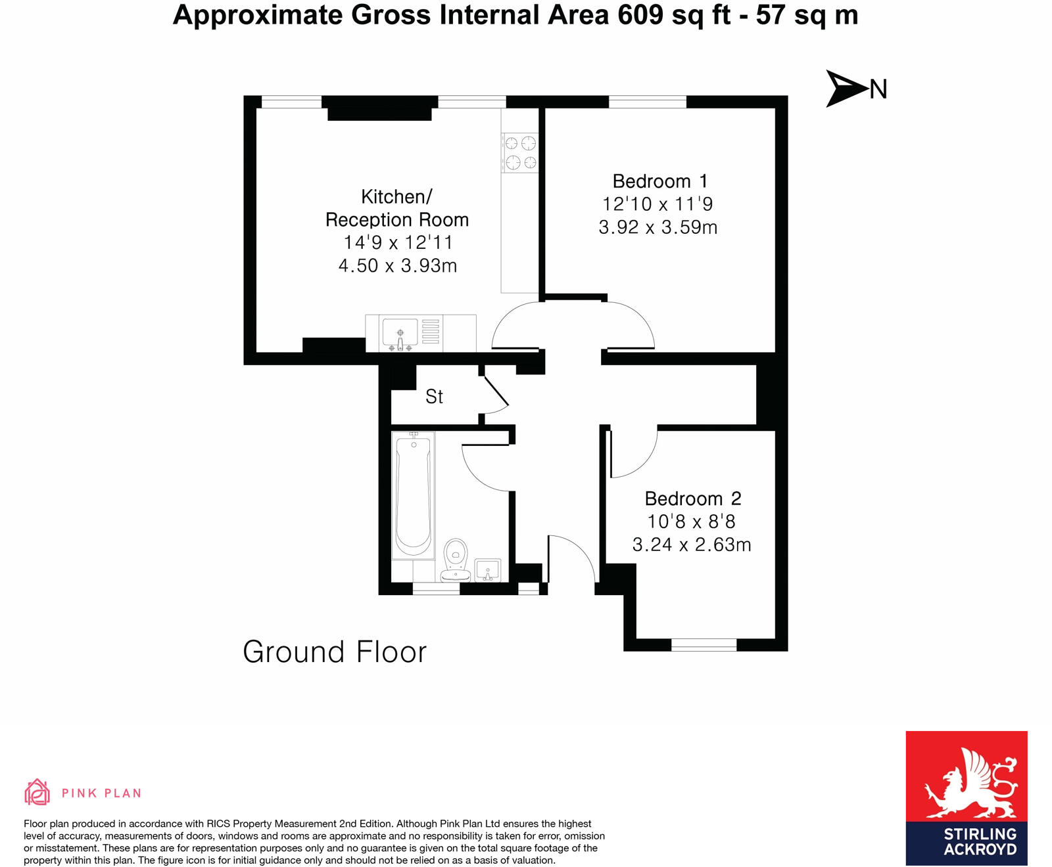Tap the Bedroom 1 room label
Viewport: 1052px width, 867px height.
(x=659, y=181)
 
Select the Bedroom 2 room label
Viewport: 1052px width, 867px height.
(x=692, y=499)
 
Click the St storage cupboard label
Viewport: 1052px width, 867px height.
(x=434, y=397)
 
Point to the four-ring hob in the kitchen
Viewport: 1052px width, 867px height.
(x=520, y=152)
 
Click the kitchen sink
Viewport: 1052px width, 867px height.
(x=400, y=333)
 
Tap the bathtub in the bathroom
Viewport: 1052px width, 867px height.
(x=413, y=494)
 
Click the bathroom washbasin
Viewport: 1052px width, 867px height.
(x=487, y=570)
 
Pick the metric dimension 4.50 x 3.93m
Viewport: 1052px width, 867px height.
(x=397, y=266)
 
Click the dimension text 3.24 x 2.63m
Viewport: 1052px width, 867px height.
(x=691, y=545)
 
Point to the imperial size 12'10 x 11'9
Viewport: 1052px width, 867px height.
(x=657, y=204)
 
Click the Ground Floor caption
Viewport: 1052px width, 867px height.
(x=335, y=652)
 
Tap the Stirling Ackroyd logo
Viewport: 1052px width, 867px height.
(x=966, y=797)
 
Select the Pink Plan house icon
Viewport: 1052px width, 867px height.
(x=37, y=792)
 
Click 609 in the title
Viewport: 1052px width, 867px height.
(x=640, y=15)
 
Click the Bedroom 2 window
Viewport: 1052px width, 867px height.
(x=704, y=645)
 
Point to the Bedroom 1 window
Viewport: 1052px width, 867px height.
(x=648, y=102)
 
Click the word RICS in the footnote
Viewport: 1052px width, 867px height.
(x=219, y=824)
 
